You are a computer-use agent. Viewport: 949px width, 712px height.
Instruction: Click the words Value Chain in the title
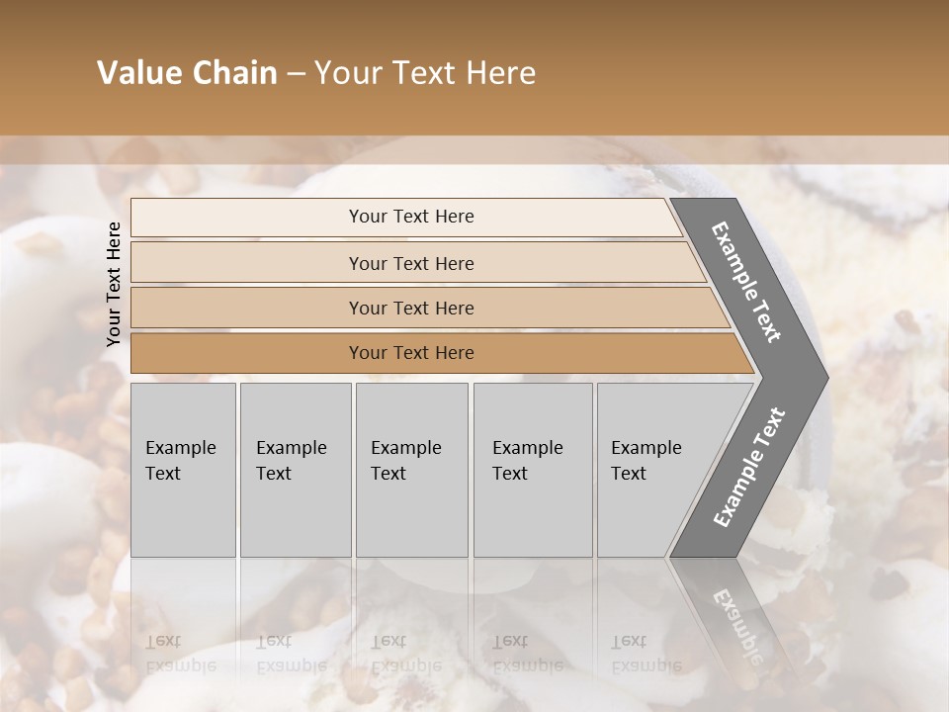187,73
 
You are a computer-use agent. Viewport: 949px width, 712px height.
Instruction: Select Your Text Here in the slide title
425,73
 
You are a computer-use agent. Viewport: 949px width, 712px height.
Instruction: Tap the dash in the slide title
296,73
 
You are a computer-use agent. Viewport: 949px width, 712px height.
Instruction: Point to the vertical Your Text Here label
114,284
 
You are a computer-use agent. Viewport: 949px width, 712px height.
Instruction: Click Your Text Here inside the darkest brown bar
411,353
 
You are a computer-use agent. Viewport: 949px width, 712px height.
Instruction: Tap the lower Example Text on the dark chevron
748,467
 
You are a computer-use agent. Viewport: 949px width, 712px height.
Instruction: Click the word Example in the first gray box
180,448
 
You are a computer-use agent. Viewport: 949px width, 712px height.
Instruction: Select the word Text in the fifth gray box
628,474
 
